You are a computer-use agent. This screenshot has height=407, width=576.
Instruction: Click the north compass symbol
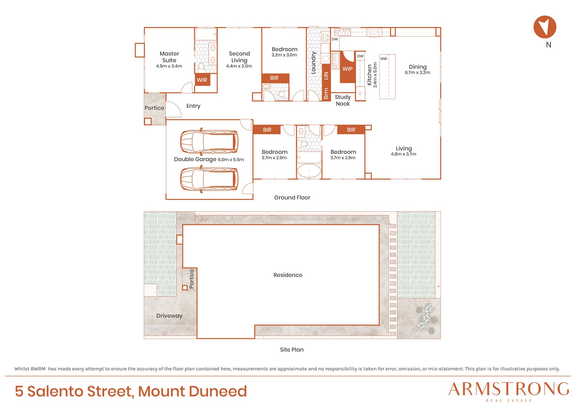point(545,27)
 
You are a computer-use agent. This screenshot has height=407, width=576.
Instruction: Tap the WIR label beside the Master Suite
point(202,80)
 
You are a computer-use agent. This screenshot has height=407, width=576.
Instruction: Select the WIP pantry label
point(347,69)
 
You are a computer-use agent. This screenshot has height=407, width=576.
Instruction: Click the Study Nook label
point(343,100)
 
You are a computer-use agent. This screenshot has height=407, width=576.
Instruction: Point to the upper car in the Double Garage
point(209,142)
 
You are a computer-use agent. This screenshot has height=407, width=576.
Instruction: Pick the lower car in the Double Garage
point(209,179)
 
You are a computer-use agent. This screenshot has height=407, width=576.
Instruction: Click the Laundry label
point(314,63)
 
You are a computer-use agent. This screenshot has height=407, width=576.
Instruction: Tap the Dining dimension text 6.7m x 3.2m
point(417,73)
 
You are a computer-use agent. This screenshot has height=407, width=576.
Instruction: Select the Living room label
point(404,149)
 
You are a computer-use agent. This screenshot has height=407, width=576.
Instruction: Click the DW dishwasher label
point(335,39)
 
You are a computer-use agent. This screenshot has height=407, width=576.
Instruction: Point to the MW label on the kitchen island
point(384,59)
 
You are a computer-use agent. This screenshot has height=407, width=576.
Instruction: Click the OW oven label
point(360,56)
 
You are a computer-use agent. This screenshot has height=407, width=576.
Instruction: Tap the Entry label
point(193,106)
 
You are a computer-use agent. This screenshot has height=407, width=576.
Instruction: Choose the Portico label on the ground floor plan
point(154,108)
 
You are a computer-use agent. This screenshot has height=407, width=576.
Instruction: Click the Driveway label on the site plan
point(169,316)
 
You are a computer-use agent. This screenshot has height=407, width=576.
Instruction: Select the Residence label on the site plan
point(288,275)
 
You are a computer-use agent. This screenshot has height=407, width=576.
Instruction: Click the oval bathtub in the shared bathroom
point(309,171)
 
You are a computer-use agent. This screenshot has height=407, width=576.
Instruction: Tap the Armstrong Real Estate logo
point(509,391)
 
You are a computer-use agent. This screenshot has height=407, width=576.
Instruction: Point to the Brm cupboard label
point(326,94)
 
